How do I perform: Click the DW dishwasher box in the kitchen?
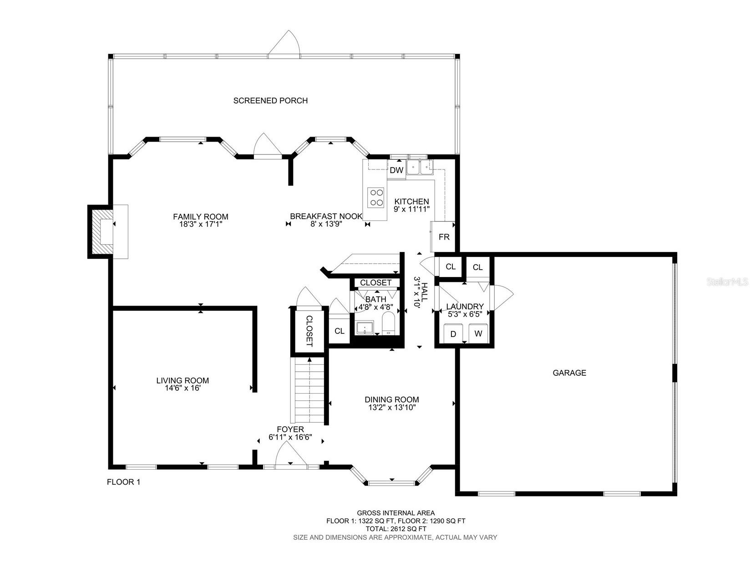coord(396,170)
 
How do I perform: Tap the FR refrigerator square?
coord(444,237)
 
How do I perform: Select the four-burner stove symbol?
coord(376,197)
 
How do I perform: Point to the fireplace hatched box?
coord(101,232)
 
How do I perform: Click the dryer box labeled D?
coord(453,333)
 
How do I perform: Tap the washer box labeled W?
coord(478,333)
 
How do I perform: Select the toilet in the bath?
coord(388,324)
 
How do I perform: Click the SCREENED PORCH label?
coord(270,101)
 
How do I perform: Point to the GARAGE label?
coord(569,373)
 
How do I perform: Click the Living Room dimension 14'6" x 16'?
coord(182,389)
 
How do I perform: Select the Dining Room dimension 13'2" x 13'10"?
coord(391,408)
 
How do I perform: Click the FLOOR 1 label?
coord(123,482)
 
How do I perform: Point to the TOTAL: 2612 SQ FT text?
coord(395,529)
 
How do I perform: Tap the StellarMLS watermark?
coord(727,282)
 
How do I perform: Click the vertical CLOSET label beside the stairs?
coord(309,331)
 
